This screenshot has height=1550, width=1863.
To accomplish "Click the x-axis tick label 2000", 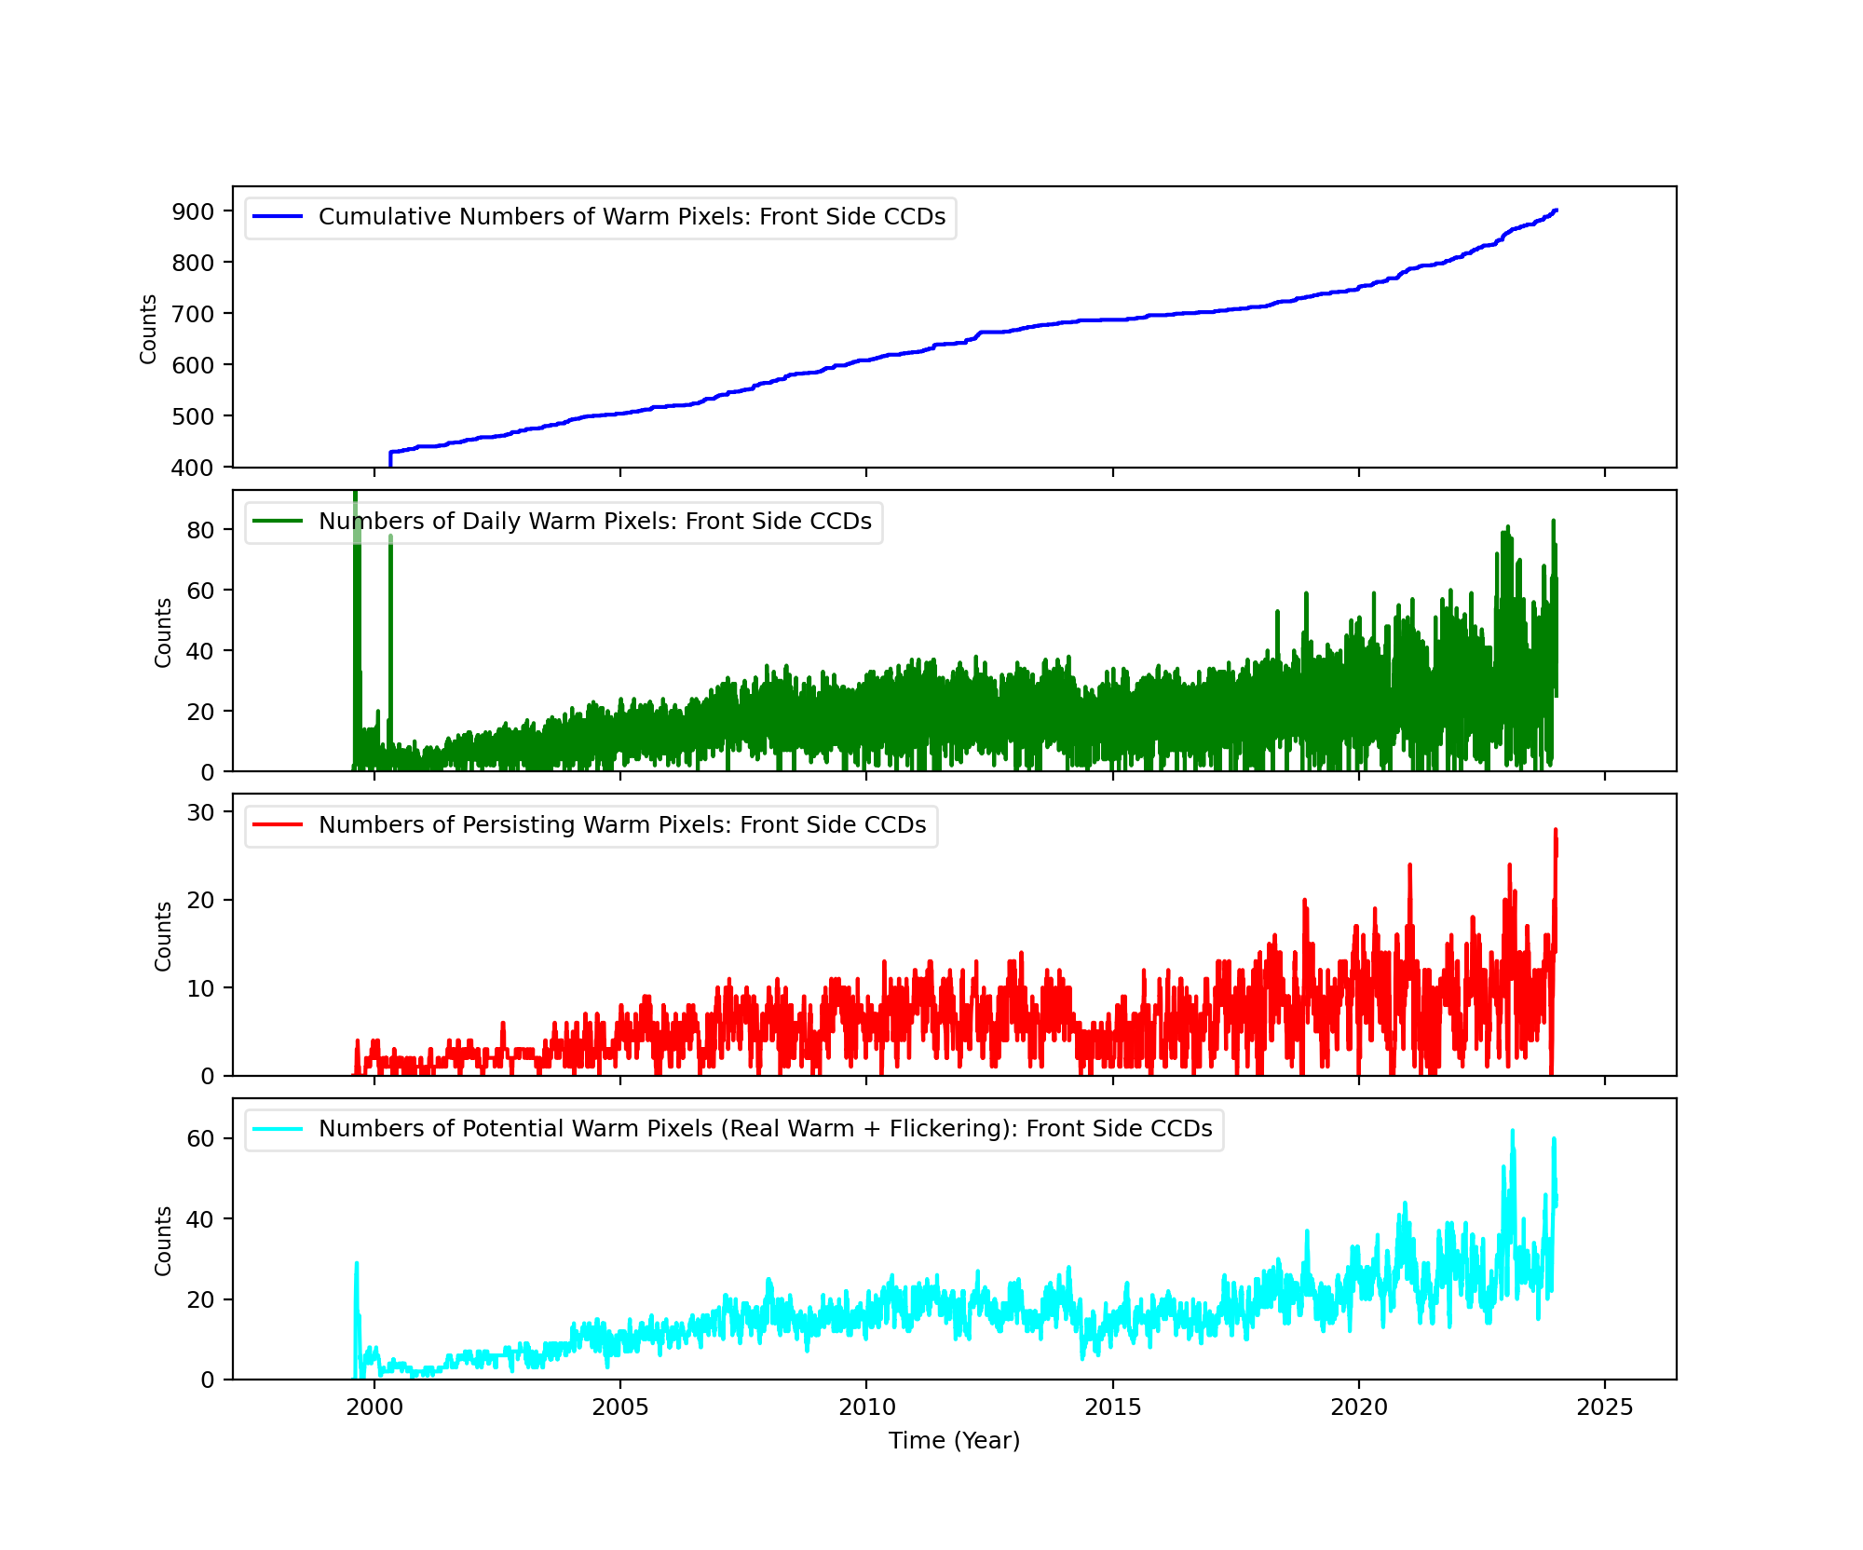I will [374, 1407].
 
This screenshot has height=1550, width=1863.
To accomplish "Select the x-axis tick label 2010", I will [866, 1407].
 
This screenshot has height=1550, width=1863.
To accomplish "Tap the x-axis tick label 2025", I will [1605, 1407].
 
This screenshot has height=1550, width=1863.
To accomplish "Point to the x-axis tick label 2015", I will [1112, 1407].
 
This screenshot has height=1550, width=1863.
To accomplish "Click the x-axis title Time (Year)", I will [954, 1441].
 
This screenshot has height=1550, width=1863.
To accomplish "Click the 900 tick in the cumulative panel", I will [193, 211].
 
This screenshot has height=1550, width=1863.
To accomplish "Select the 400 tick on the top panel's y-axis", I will [193, 468].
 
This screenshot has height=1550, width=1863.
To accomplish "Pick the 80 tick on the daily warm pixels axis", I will [200, 530].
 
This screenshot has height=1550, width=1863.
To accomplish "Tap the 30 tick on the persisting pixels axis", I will [200, 812].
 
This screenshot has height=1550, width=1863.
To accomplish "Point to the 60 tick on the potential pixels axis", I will [200, 1139].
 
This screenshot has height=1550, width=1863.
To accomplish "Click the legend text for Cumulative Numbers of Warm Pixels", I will [632, 217].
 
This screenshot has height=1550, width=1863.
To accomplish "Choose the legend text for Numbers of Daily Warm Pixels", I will [594, 522].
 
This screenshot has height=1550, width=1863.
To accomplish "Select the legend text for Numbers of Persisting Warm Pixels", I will [622, 825].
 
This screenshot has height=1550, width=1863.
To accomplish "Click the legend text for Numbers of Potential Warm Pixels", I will [765, 1129].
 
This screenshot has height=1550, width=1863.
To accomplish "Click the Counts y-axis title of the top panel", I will [148, 329].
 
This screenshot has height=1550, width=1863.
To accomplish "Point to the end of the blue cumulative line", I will [1556, 211].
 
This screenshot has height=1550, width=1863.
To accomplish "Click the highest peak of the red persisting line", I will [1555, 830].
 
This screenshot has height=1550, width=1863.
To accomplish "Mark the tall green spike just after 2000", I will [390, 537].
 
